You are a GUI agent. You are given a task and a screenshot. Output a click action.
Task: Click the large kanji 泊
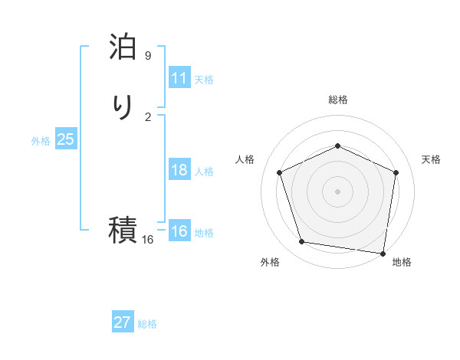click(123, 47)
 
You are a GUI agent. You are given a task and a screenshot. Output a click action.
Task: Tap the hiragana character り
click(123, 107)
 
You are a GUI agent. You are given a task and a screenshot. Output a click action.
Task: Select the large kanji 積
click(123, 229)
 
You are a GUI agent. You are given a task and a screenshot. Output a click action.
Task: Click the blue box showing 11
click(179, 78)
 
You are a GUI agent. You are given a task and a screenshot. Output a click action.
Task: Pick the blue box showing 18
click(179, 170)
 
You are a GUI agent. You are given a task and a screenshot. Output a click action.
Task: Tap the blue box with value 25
click(65, 139)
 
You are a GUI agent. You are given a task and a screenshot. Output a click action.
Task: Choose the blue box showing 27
click(123, 322)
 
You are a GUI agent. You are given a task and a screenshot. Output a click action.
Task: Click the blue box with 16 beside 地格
click(179, 231)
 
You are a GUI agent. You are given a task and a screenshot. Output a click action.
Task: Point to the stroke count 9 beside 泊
click(148, 56)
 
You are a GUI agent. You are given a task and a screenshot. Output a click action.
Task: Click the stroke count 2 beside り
click(148, 116)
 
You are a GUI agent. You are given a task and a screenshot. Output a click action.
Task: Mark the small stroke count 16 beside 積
click(148, 240)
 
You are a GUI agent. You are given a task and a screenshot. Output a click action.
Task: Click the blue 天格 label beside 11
click(204, 80)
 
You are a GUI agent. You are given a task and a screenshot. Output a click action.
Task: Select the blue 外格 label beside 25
click(41, 141)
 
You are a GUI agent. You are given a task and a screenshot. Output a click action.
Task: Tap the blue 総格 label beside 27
click(147, 324)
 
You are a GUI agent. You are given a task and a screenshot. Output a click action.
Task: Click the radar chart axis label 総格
click(337, 100)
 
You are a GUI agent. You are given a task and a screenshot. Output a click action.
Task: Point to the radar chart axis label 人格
click(245, 159)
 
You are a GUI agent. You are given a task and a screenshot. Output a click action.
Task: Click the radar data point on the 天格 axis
click(396, 172)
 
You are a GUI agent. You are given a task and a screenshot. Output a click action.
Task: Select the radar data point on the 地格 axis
click(383, 253)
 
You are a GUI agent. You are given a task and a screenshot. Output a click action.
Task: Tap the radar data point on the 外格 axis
click(302, 242)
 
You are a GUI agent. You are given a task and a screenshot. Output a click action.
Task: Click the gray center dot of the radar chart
click(337, 191)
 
